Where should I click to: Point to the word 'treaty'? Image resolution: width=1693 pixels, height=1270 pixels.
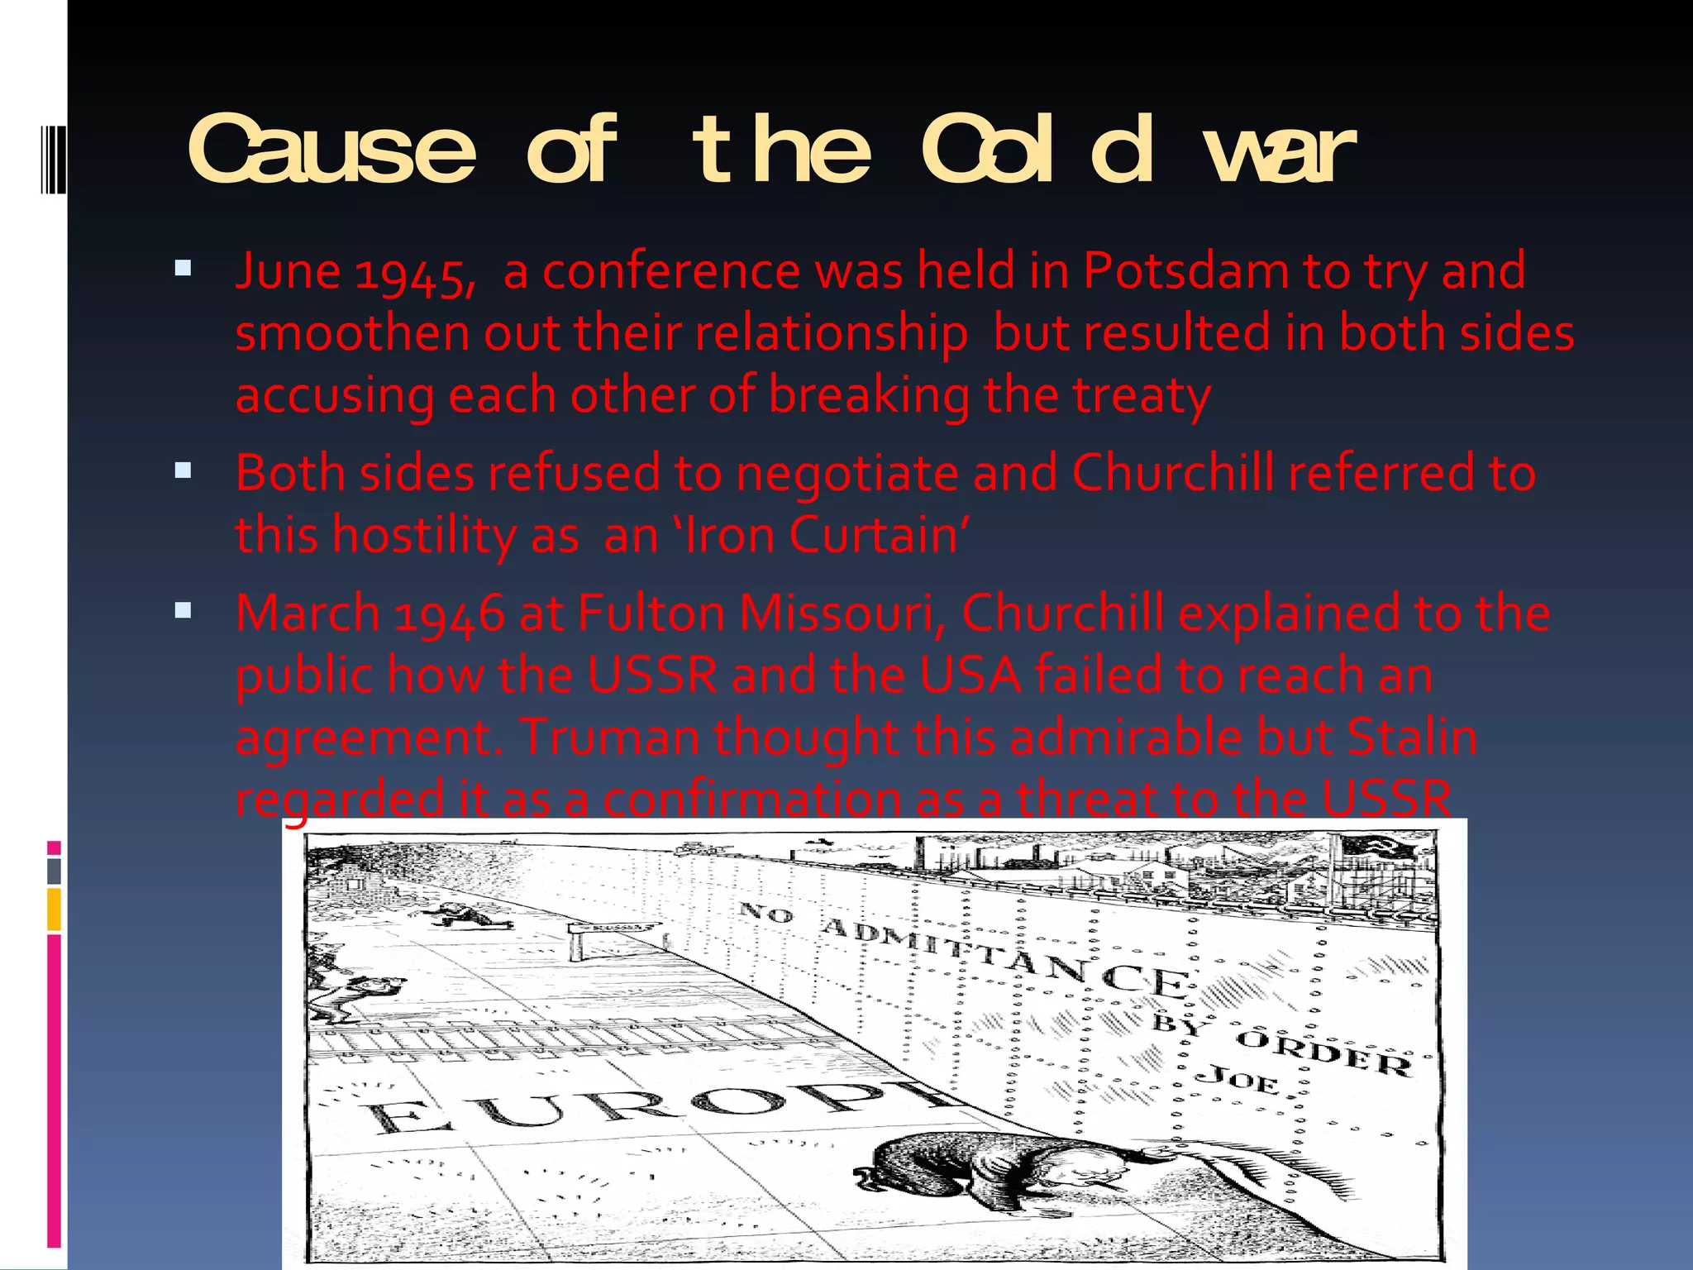(1142, 395)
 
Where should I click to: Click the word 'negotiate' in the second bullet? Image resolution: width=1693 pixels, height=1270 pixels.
(846, 474)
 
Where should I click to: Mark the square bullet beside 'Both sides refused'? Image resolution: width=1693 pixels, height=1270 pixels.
(183, 471)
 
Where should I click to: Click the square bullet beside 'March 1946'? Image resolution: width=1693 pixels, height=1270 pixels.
(183, 611)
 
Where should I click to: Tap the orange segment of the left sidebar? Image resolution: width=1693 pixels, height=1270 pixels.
(54, 910)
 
